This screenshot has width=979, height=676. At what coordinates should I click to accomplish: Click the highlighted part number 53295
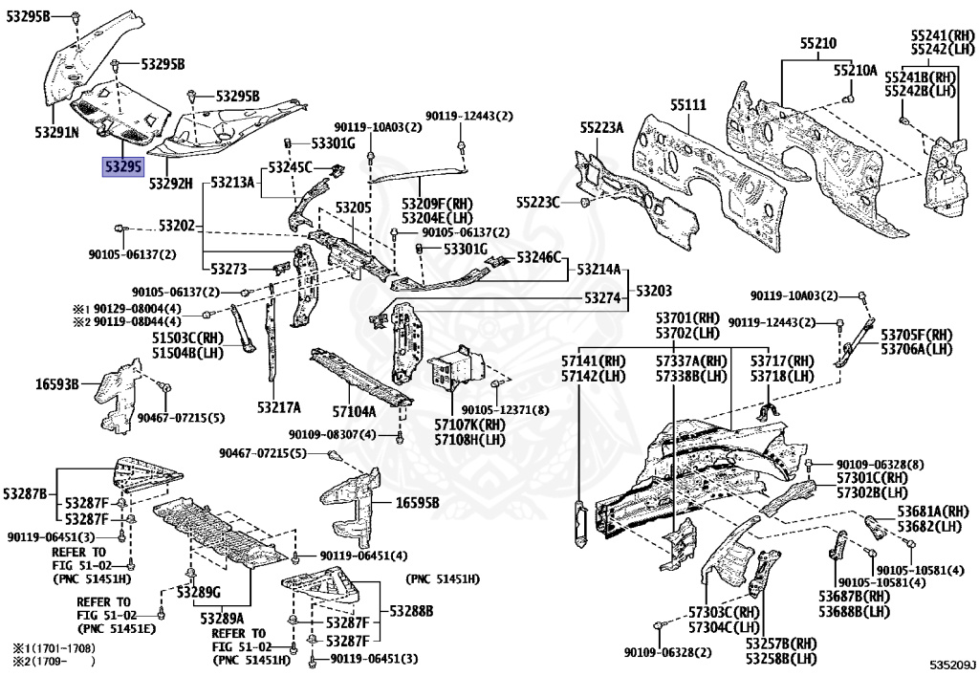(123, 167)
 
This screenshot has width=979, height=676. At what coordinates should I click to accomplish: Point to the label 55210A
(854, 70)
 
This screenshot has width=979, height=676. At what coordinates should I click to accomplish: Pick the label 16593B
(57, 383)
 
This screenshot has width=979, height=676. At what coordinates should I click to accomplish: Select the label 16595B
(417, 503)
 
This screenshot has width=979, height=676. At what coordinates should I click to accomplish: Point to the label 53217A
(278, 407)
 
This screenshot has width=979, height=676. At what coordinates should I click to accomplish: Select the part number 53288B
(411, 610)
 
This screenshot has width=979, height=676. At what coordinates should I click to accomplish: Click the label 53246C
(539, 257)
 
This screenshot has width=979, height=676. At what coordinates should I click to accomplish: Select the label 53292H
(170, 183)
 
